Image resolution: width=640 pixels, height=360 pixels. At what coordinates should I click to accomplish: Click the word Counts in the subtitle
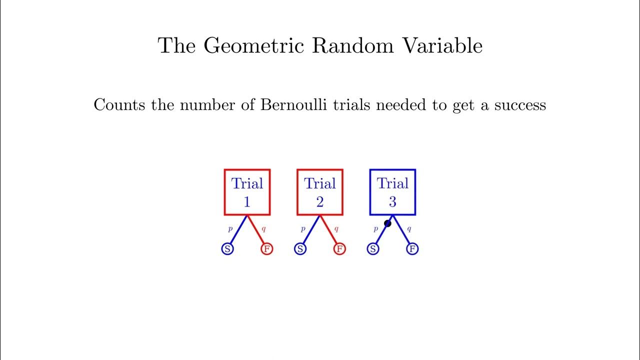118,105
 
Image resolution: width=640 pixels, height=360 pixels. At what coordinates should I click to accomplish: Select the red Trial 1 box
247,192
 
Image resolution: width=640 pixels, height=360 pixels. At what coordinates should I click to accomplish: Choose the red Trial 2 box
320,192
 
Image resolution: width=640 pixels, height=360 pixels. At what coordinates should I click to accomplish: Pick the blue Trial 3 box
392,192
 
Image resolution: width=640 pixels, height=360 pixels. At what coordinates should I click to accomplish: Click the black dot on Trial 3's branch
387,223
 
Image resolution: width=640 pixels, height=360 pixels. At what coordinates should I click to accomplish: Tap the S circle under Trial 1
227,248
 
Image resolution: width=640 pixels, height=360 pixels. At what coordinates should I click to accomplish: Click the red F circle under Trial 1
267,248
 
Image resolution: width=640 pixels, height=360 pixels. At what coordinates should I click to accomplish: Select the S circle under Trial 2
300,248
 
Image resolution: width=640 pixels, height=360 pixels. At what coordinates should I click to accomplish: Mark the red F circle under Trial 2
339,248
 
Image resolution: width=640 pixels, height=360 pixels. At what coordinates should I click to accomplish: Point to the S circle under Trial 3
372,248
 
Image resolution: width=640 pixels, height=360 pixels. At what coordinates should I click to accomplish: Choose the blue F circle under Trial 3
412,248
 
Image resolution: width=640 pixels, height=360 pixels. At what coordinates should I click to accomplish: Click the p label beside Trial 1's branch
230,229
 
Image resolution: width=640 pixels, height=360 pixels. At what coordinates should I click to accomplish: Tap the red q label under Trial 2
336,229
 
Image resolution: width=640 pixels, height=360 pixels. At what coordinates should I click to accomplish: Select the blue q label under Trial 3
409,229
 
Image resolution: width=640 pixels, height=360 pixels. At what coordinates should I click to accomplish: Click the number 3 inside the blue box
392,202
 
